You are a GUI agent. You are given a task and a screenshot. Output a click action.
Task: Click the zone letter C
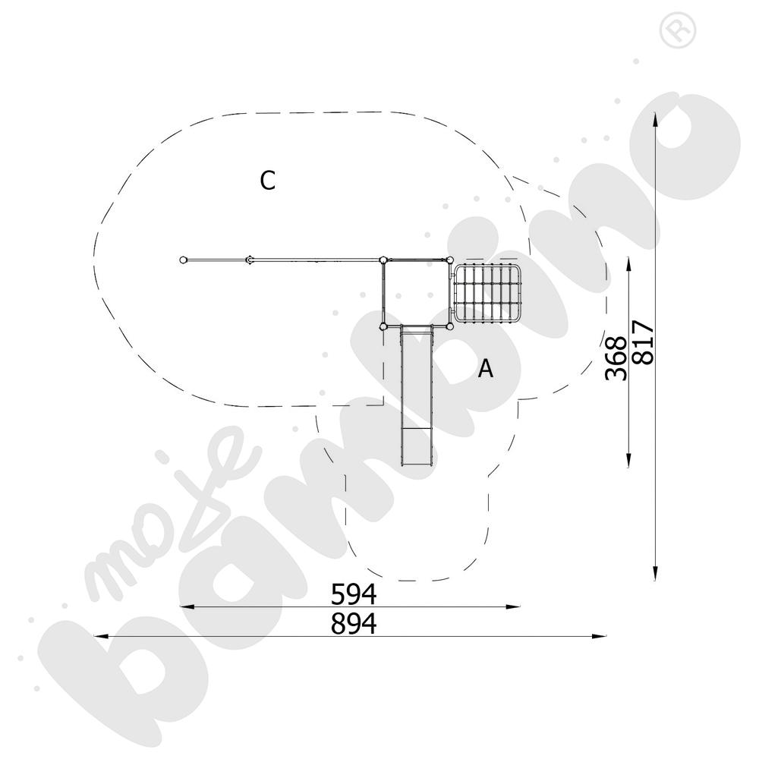pos(267,181)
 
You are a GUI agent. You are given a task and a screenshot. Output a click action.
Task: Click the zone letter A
pos(486,370)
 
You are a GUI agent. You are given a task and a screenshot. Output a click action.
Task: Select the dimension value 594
pos(354,593)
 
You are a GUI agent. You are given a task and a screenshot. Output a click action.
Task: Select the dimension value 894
pos(354,624)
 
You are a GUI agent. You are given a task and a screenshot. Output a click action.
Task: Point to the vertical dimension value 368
pos(616,358)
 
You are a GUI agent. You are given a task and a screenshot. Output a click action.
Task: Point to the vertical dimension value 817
pos(643,343)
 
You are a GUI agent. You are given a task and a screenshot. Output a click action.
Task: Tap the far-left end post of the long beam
pos(183,260)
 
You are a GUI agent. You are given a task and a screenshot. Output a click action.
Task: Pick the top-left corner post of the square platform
pos(383,260)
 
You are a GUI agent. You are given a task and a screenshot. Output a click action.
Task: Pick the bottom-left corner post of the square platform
pos(383,326)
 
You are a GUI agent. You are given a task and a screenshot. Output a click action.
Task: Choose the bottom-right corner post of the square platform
pos(449,326)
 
